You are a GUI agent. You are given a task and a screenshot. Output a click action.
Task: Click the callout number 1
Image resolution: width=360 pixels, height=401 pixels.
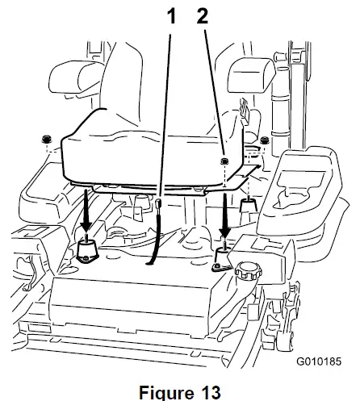point(172,15)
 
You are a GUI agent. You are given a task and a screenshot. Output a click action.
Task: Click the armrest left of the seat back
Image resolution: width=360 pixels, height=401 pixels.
point(72,81)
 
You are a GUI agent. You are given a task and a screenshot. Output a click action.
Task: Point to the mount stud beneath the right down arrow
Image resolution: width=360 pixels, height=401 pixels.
point(221,258)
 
